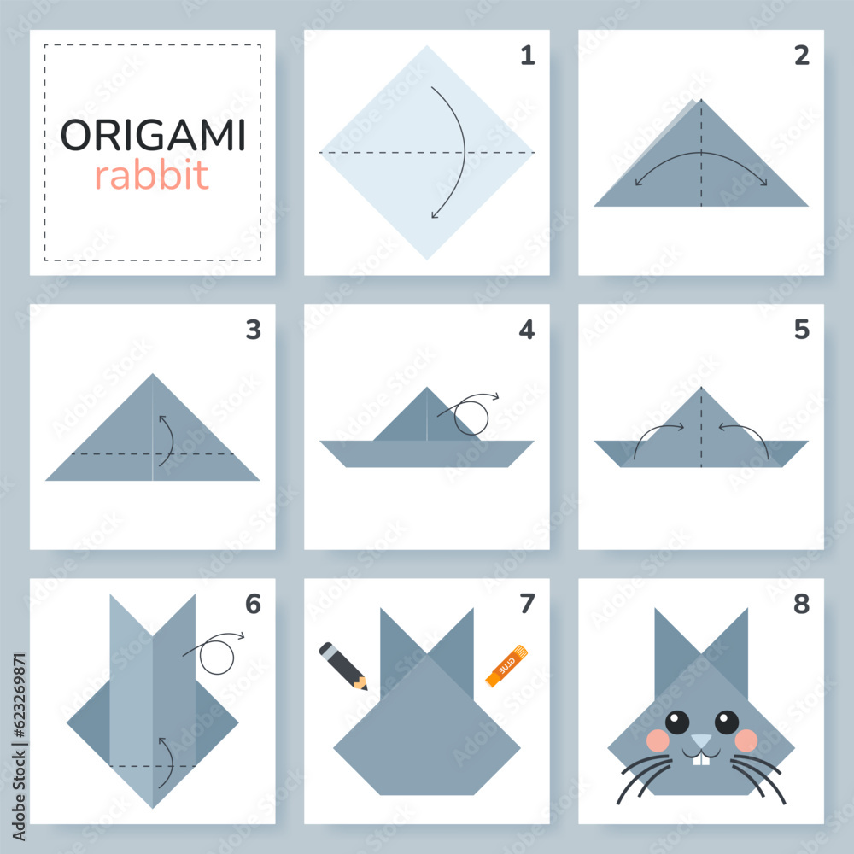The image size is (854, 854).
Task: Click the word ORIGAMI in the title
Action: click(153, 135)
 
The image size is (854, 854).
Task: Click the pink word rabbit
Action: click(151, 176)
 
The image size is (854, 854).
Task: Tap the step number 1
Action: click(527, 56)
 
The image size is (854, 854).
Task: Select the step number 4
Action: click(527, 330)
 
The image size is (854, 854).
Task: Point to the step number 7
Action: click(527, 604)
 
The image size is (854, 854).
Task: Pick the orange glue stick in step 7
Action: click(507, 666)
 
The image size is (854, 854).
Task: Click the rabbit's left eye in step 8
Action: click(677, 722)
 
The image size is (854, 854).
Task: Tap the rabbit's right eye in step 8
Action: click(726, 722)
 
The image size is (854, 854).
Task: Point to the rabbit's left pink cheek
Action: click(657, 740)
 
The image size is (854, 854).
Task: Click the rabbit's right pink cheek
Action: click(746, 740)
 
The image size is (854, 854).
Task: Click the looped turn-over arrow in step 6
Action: click(216, 653)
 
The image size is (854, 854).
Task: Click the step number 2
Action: click(801, 56)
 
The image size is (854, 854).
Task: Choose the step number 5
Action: click(801, 330)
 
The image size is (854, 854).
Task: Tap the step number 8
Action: click(801, 604)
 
